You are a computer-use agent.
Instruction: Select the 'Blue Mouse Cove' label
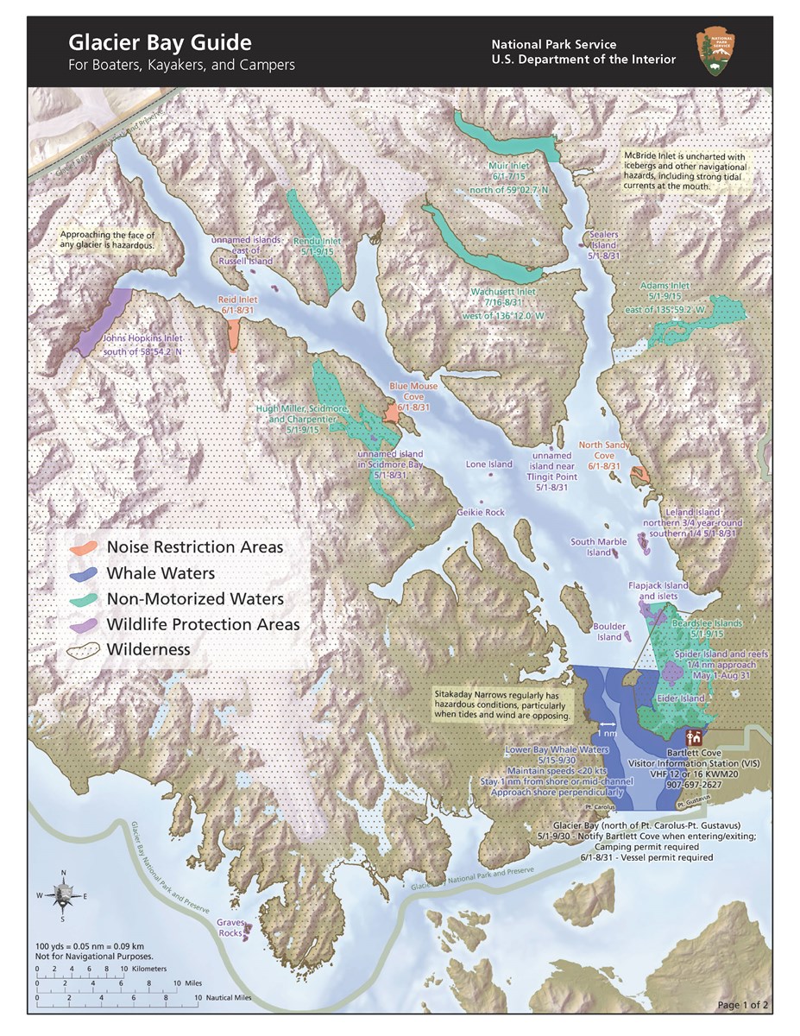[409, 392]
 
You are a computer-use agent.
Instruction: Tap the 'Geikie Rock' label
[481, 512]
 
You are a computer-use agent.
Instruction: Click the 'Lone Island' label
[489, 464]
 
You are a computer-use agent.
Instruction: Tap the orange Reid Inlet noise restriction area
[234, 334]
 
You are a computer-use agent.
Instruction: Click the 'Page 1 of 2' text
[745, 1006]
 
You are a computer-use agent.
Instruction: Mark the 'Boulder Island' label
[608, 632]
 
